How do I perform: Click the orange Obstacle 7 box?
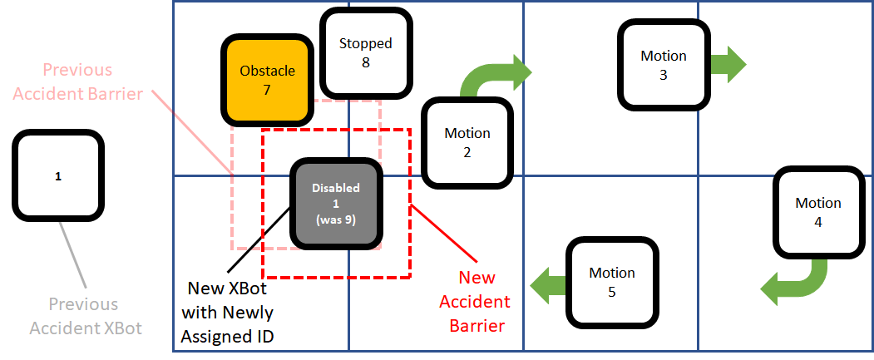[266, 80]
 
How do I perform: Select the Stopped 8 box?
[365, 52]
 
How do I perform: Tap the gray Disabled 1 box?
[336, 205]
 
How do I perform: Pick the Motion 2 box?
[467, 142]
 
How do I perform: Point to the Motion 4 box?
[817, 212]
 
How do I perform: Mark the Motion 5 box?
[612, 282]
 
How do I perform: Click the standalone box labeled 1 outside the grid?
[57, 176]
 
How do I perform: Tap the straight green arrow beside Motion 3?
[729, 64]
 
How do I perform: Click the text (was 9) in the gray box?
[336, 221]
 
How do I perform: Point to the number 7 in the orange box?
[266, 90]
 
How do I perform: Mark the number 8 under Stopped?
[365, 62]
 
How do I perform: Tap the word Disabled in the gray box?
[336, 188]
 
